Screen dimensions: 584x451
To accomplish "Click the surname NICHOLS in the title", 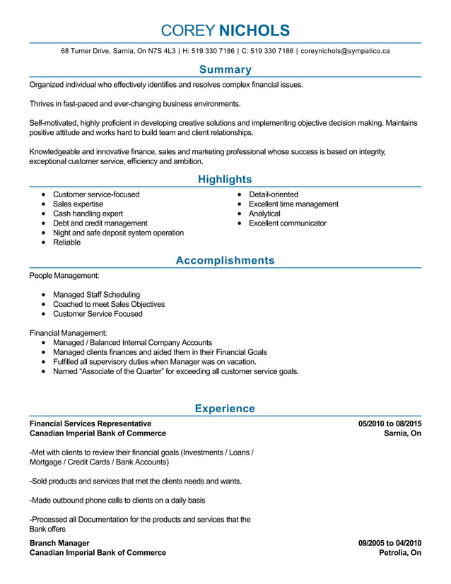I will (254, 30).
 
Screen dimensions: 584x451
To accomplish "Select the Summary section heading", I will (225, 69).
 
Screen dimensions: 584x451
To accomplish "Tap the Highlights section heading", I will (225, 180).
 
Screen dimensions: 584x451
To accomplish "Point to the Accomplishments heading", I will (225, 261).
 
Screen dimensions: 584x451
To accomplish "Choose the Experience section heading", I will (225, 409).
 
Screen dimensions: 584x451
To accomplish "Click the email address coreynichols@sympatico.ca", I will (345, 51).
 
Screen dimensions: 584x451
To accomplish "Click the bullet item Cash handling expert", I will (88, 214).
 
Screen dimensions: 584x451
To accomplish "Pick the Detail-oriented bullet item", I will (273, 194).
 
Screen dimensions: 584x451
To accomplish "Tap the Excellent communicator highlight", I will (287, 223).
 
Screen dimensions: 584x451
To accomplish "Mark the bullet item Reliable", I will (67, 243).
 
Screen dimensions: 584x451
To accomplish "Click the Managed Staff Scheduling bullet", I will (96, 295).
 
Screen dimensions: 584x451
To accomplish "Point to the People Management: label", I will (64, 276).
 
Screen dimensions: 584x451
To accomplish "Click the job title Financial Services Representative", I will (90, 424).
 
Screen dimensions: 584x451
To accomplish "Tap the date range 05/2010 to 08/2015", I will (389, 424).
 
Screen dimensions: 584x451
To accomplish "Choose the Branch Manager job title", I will (60, 543).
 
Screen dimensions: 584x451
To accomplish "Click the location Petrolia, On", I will (400, 553).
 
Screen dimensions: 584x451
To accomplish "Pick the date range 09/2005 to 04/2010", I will (389, 543).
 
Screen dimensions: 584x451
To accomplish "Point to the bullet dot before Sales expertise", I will (44, 204).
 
